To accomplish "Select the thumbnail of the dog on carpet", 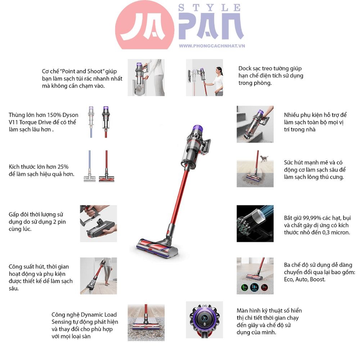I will [255, 169].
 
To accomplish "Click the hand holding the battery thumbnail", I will [98, 223].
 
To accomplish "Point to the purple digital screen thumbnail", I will [204, 319].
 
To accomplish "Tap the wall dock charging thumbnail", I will [204, 77].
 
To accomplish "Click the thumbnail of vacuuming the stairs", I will [255, 123].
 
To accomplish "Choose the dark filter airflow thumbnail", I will [255, 223].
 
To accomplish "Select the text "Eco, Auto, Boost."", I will [304, 279].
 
